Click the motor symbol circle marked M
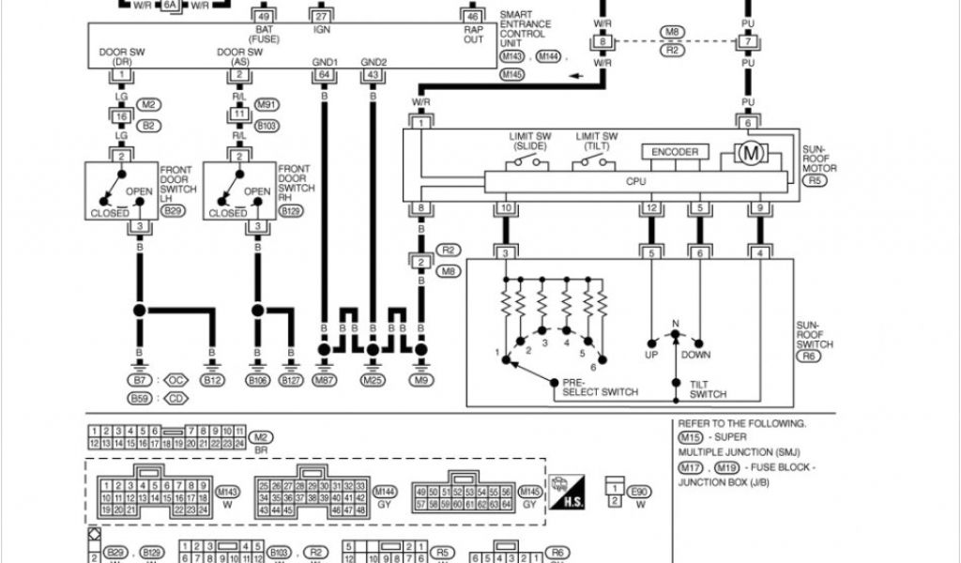[751, 153]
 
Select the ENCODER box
[675, 152]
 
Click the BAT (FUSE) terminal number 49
[264, 17]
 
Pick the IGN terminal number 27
[322, 17]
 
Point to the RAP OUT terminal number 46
[472, 17]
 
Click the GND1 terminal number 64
[325, 74]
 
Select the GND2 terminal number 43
[374, 74]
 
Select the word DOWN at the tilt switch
[696, 355]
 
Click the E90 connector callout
[640, 491]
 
